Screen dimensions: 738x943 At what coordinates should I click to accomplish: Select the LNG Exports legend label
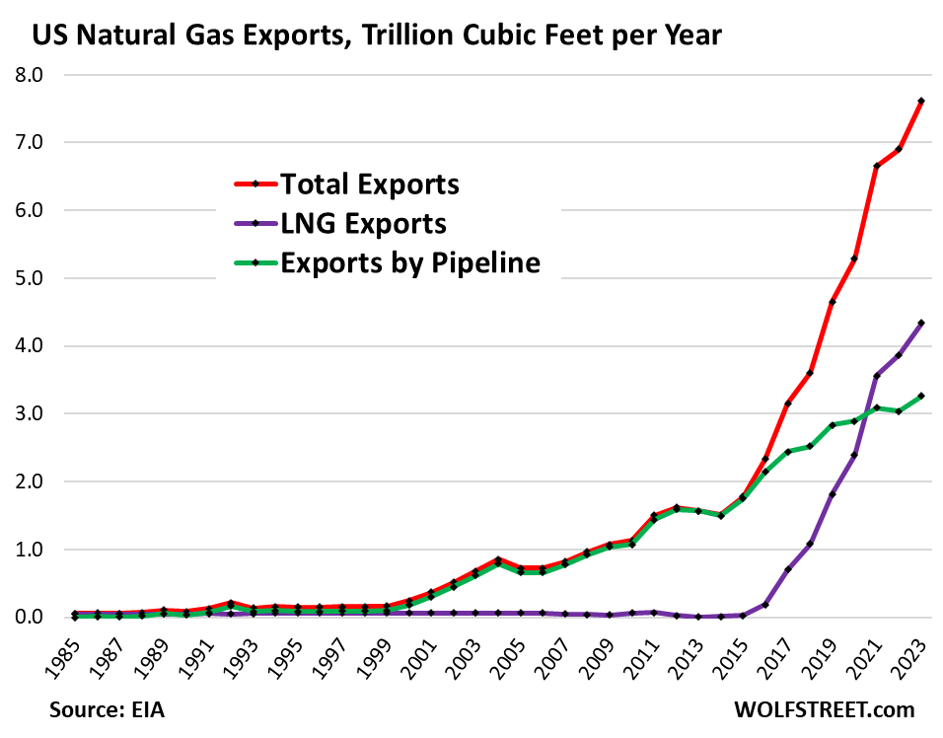[363, 223]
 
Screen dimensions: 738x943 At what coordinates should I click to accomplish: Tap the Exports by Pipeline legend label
[410, 262]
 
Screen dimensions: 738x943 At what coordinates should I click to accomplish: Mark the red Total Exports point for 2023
[921, 101]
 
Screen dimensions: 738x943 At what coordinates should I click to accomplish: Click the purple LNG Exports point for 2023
[921, 323]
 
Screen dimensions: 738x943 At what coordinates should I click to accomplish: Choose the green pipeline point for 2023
[921, 396]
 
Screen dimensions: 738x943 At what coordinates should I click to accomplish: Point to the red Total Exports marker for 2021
[877, 166]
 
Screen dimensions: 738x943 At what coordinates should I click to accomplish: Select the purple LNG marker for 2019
[833, 494]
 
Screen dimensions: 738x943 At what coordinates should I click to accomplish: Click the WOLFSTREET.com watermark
[824, 709]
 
